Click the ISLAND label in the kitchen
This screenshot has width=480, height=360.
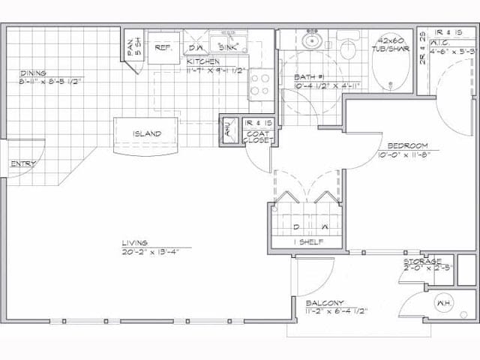(x=147, y=134)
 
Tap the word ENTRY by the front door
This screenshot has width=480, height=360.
(x=22, y=163)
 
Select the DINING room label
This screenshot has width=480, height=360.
(x=34, y=73)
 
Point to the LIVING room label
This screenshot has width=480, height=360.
(x=136, y=243)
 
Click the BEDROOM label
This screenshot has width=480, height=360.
(x=407, y=145)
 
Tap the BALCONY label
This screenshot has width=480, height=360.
(x=324, y=303)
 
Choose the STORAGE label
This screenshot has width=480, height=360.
(x=422, y=261)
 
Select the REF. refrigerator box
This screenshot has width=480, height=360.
(x=163, y=47)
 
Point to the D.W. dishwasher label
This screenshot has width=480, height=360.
(x=195, y=47)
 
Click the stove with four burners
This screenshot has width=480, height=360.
(x=260, y=82)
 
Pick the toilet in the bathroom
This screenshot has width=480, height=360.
(x=347, y=49)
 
